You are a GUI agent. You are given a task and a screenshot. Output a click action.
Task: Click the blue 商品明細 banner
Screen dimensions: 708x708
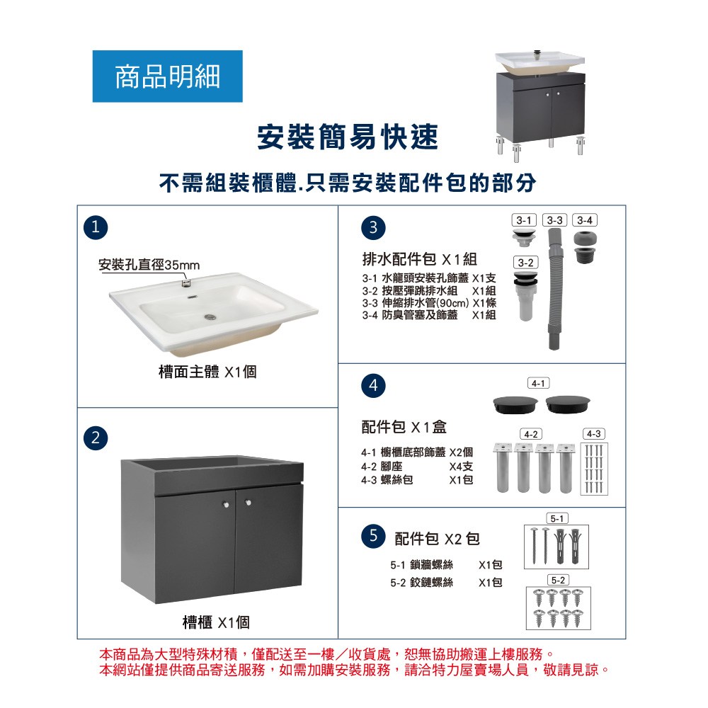[x=168, y=76]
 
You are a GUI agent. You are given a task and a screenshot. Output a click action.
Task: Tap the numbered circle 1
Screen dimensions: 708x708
[x=96, y=227]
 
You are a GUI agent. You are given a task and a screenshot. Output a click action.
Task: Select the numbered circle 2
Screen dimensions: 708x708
[x=96, y=438]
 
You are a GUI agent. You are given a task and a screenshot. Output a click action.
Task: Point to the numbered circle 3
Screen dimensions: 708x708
[x=373, y=227]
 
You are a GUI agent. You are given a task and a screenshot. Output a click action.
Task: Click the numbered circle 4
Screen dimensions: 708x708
[x=373, y=386]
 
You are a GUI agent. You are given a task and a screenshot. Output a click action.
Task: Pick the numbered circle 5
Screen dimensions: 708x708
[x=373, y=536]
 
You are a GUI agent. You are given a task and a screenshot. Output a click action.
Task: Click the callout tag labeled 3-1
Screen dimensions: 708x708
[x=524, y=220]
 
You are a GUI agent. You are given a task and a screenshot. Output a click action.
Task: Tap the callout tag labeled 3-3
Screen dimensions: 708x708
[x=555, y=220]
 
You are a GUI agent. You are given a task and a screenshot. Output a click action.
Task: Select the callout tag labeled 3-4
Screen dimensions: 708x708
[x=585, y=220]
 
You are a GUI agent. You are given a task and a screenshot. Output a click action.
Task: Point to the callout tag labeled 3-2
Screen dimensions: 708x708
[x=525, y=263]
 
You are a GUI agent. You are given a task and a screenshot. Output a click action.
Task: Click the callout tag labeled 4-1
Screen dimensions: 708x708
[x=538, y=383]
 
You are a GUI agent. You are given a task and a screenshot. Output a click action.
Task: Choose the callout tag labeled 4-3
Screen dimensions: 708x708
[x=594, y=434]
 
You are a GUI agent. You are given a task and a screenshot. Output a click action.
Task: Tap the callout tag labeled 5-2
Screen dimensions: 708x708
[x=559, y=580]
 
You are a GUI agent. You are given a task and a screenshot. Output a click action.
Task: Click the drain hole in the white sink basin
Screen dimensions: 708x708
[x=210, y=316]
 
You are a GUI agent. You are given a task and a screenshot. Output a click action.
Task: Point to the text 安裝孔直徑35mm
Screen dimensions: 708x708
[x=149, y=265]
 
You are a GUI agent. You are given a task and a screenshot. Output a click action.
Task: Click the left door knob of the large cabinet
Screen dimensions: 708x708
[x=227, y=504]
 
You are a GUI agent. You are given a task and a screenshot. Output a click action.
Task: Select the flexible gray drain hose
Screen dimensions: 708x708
[x=555, y=289]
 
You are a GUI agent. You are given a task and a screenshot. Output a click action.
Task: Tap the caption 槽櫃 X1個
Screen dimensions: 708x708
[x=216, y=622]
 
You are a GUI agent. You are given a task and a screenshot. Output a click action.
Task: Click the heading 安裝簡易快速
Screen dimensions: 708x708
[x=348, y=137]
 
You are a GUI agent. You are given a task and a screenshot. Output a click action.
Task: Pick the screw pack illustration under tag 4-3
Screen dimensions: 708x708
[x=594, y=469]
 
